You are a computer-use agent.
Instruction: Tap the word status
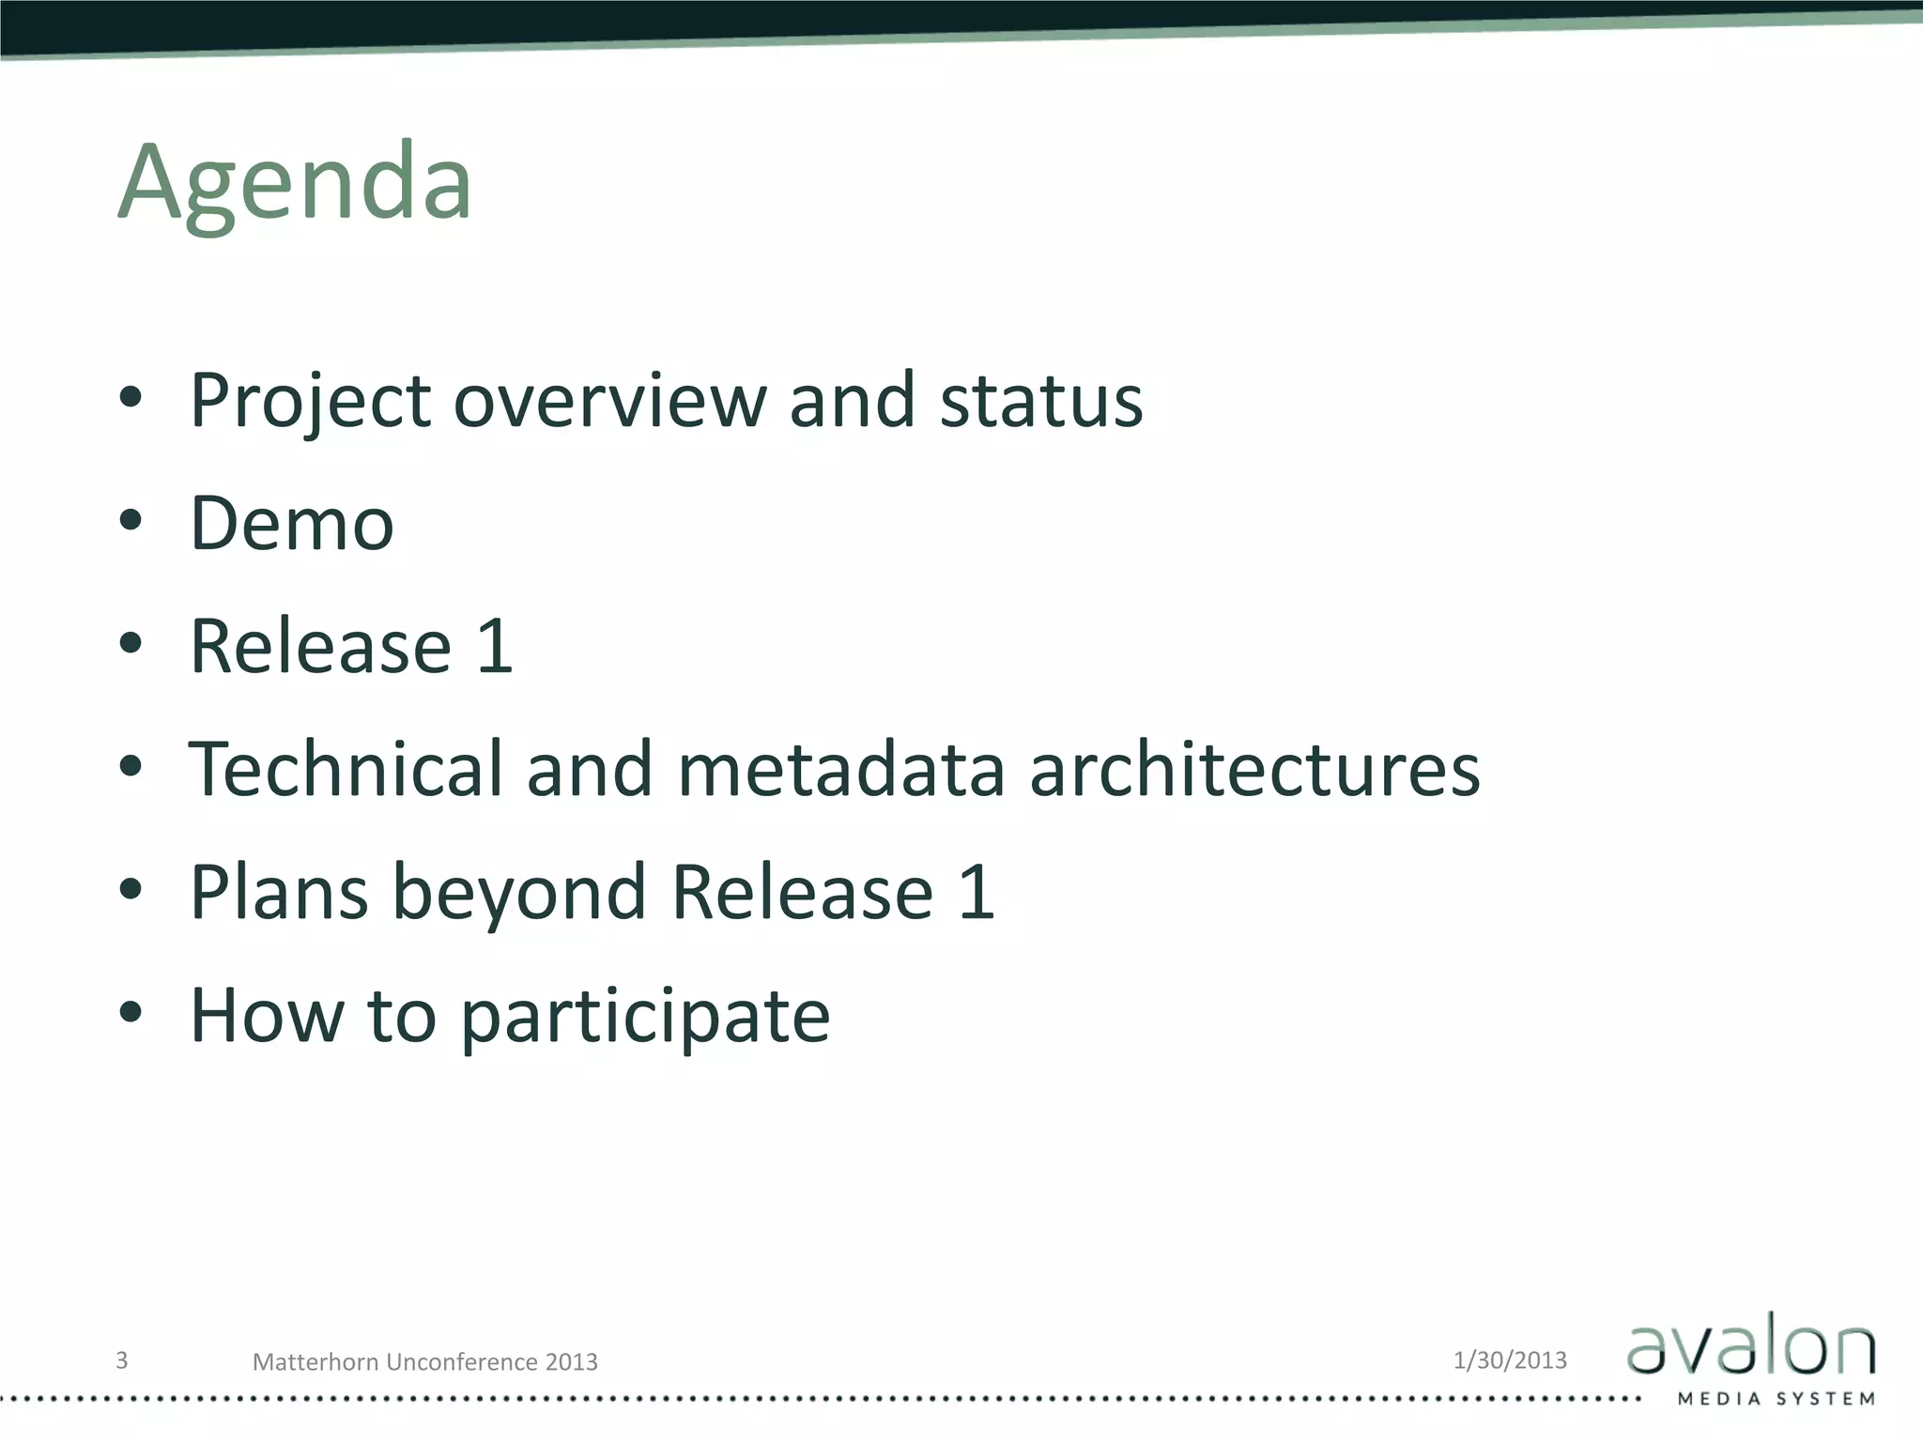click(1041, 401)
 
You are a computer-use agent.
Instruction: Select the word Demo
click(291, 524)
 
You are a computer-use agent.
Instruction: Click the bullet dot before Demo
click(131, 519)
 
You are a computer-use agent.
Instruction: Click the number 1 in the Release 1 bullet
click(495, 647)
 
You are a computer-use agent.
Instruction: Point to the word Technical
click(346, 769)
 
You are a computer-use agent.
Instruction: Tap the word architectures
click(1254, 769)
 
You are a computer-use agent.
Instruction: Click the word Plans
click(279, 892)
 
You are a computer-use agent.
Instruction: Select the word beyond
click(518, 894)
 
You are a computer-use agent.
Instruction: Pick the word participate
click(645, 1018)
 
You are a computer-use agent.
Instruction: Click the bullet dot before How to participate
click(131, 1011)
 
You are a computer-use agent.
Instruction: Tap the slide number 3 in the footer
click(121, 1359)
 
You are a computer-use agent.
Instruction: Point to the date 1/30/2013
click(1510, 1360)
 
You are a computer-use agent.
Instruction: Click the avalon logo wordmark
click(1751, 1344)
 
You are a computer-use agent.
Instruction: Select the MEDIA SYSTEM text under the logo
click(1776, 1399)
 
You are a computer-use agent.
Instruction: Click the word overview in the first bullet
click(609, 401)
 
